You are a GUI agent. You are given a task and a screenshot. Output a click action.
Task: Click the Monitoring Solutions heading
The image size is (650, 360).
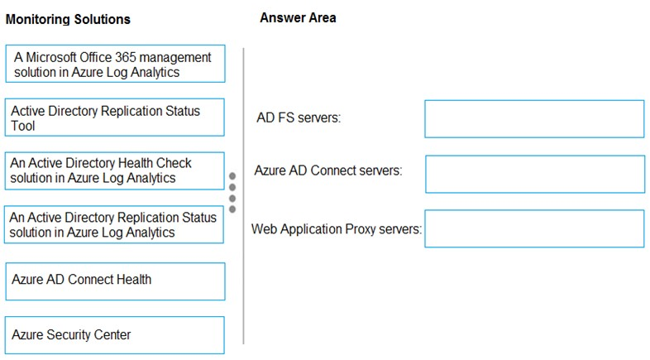68,19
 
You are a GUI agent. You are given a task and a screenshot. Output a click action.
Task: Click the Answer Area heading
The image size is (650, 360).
298,18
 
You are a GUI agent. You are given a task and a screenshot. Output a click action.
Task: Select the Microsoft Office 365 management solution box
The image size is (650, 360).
115,64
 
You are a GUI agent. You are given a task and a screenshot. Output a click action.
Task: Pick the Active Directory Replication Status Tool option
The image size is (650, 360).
115,118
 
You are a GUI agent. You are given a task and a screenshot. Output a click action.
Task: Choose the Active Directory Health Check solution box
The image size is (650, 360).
115,170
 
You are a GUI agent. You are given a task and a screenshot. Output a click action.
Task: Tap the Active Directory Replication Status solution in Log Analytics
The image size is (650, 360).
114,224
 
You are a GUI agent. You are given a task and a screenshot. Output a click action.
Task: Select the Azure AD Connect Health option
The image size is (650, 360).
115,281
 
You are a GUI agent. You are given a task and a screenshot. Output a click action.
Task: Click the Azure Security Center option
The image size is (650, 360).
115,335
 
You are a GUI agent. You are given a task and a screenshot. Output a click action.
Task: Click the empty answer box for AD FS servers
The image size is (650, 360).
534,119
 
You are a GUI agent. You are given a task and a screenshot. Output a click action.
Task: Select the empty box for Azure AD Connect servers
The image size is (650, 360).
535,174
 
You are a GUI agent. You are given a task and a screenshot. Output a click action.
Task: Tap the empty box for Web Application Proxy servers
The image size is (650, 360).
534,228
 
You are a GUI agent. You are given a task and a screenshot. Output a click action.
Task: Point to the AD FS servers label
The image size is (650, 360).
299,118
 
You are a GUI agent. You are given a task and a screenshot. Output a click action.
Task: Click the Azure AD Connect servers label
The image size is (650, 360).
328,170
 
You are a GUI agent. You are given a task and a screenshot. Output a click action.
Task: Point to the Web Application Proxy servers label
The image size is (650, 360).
337,229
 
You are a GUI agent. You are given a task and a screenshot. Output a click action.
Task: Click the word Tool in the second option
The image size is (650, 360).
23,126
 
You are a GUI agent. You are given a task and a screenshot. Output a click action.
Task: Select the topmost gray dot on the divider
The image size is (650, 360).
232,176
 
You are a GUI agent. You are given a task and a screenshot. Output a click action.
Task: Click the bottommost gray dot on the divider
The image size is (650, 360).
232,209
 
